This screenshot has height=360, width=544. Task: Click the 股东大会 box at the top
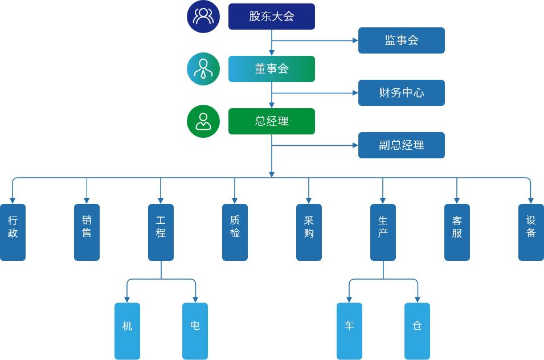[x=272, y=17]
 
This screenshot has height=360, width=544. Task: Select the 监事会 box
[x=401, y=40]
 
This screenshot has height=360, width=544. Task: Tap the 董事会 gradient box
[x=272, y=69]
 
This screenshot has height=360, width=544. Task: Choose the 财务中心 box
[x=401, y=93]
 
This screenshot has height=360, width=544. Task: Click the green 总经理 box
[x=272, y=121]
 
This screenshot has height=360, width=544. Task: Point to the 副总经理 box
[x=401, y=145]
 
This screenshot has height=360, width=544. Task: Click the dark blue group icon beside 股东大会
[x=203, y=17]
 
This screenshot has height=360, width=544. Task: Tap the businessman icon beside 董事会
[x=203, y=69]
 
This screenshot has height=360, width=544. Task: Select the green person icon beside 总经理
[x=203, y=121]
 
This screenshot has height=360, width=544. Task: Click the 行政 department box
[x=13, y=232]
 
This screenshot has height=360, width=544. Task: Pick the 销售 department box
[x=87, y=232]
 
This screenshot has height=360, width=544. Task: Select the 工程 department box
[x=161, y=232]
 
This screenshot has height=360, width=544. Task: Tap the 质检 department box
[x=235, y=232]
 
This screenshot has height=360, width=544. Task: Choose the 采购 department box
[x=309, y=232]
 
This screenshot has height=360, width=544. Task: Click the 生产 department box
[x=383, y=232]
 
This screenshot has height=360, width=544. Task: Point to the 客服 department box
[x=457, y=232]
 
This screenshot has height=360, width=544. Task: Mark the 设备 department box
[x=531, y=232]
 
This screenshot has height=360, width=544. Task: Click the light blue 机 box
[x=127, y=331]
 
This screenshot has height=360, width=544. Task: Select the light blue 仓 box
[x=417, y=331]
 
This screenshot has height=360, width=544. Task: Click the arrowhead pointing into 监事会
[x=355, y=40]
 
